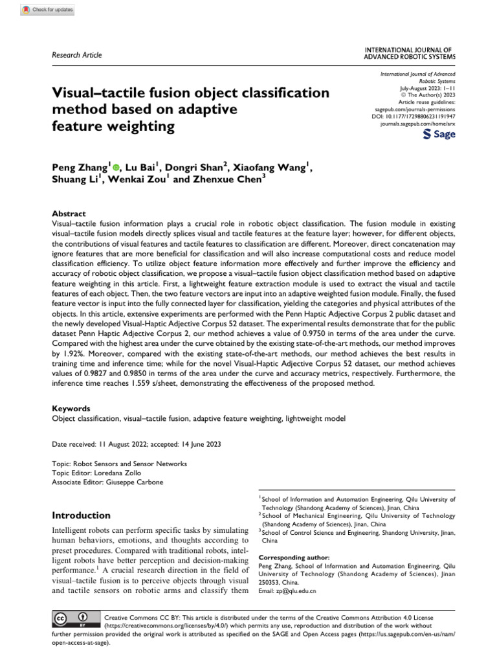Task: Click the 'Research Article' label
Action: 76,55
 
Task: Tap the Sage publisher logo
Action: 439,134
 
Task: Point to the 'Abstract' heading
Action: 68,213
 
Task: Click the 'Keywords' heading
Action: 71,409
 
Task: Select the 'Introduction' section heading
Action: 81,515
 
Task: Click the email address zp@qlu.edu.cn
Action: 297,590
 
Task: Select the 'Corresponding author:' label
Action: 293,557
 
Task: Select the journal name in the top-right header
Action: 410,52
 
